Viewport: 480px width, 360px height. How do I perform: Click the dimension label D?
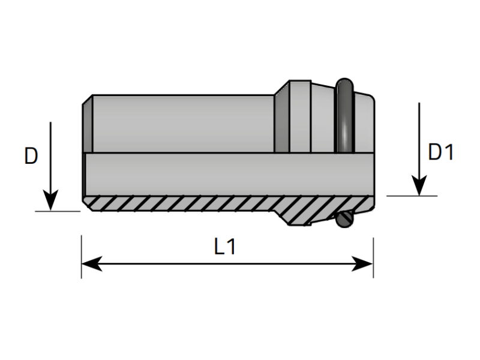31,156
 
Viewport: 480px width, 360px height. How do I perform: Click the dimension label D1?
441,153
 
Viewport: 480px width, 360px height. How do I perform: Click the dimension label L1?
225,247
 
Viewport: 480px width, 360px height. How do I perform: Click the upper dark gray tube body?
180,123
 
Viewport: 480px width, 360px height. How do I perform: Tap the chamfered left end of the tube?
87,123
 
